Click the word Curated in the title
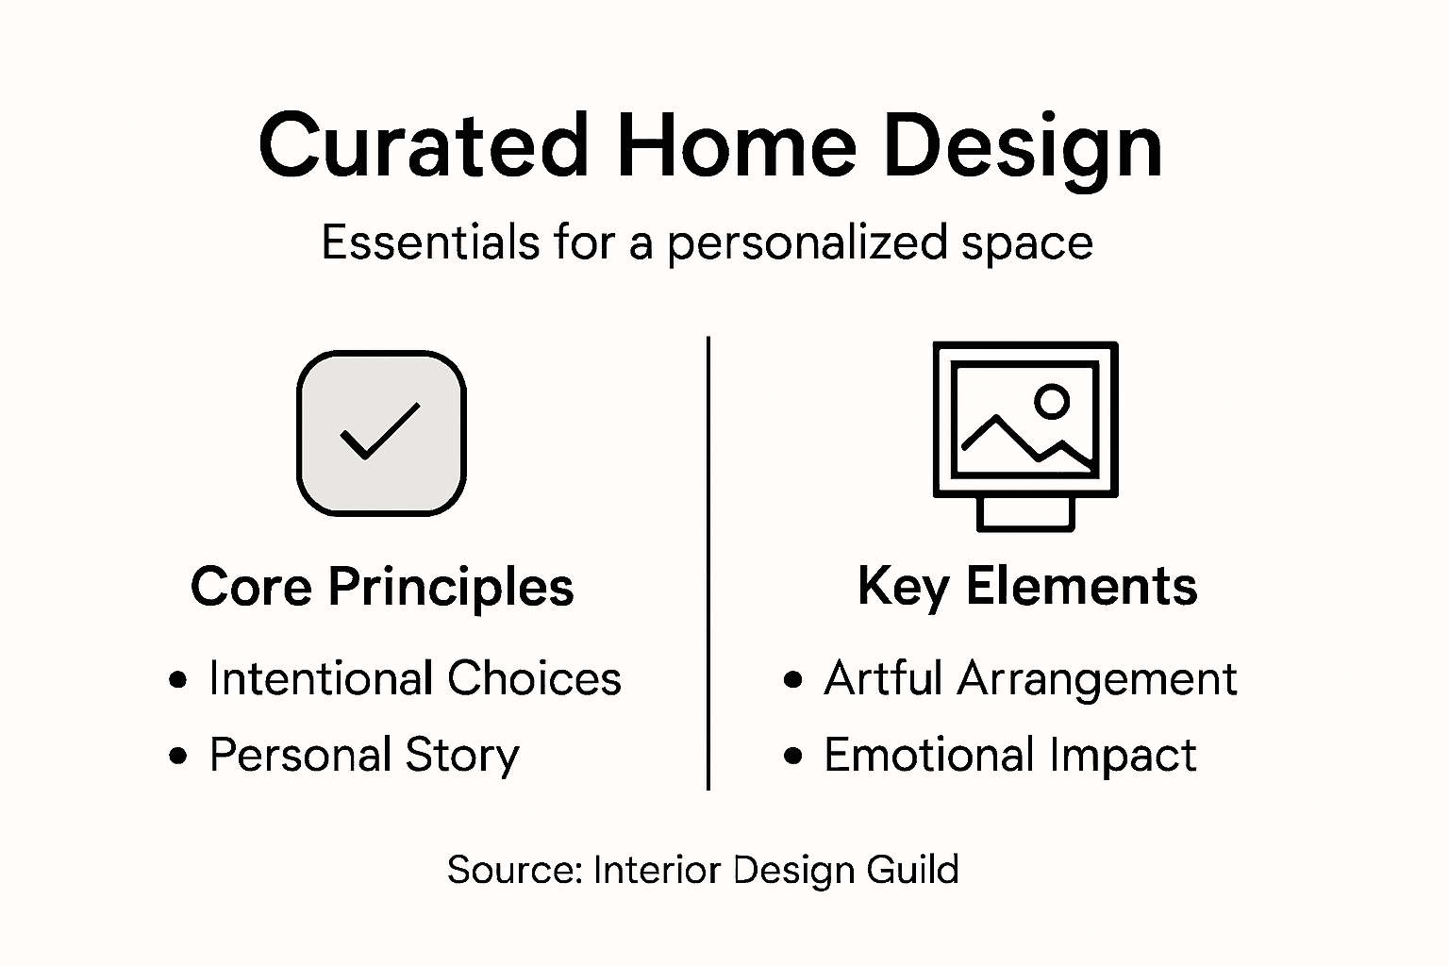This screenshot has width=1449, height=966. pyautogui.click(x=424, y=146)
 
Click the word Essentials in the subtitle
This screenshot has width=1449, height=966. pyautogui.click(x=430, y=242)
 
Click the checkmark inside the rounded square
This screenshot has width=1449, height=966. pyautogui.click(x=380, y=432)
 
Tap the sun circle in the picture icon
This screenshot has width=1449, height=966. pyautogui.click(x=1051, y=401)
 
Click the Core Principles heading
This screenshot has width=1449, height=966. pyautogui.click(x=382, y=587)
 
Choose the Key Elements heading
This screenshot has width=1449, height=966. pyautogui.click(x=1027, y=586)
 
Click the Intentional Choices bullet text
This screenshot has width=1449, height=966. pyautogui.click(x=415, y=678)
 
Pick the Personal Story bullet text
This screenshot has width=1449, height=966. pyautogui.click(x=364, y=755)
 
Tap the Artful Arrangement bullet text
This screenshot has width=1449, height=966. pyautogui.click(x=1030, y=678)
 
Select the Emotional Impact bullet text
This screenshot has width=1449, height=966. pyautogui.click(x=1009, y=755)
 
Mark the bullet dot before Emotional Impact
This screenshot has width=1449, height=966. pyautogui.click(x=793, y=756)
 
